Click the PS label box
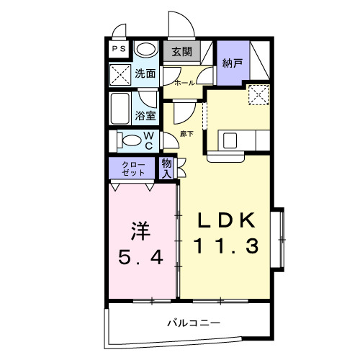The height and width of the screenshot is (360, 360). pos(118,49)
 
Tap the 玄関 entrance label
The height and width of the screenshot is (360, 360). pos(181,52)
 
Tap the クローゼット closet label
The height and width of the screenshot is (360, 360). pos(132,169)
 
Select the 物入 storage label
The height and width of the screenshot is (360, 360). pos(166,168)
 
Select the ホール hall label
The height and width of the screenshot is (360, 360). pos(184,84)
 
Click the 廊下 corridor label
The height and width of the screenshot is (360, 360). pos(186,134)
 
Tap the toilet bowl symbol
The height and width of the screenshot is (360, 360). pos(130,140)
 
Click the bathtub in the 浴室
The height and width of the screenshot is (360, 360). pos(121,108)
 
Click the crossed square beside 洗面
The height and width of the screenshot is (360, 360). pos(119,73)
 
